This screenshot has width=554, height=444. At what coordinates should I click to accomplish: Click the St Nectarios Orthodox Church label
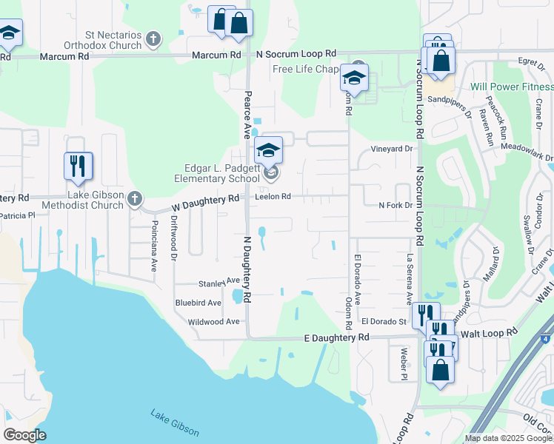[x=113, y=40]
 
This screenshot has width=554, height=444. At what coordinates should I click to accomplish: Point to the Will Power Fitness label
[x=512, y=87]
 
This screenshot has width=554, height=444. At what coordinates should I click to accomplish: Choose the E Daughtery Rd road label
[x=336, y=337]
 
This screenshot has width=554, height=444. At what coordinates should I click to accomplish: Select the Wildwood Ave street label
[x=213, y=322]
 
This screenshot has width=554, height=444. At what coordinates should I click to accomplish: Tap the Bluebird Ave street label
[x=198, y=303]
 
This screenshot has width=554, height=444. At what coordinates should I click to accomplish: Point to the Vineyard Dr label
[x=392, y=149]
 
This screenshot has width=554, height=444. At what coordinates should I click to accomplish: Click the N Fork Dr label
[x=398, y=205]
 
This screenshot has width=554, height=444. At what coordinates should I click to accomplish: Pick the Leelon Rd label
[x=273, y=197]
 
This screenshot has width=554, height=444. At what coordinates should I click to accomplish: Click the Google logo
[x=25, y=435]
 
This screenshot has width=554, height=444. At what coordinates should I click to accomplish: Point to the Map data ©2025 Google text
[x=508, y=438]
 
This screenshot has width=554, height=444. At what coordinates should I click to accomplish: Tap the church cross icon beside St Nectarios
[x=153, y=38]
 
